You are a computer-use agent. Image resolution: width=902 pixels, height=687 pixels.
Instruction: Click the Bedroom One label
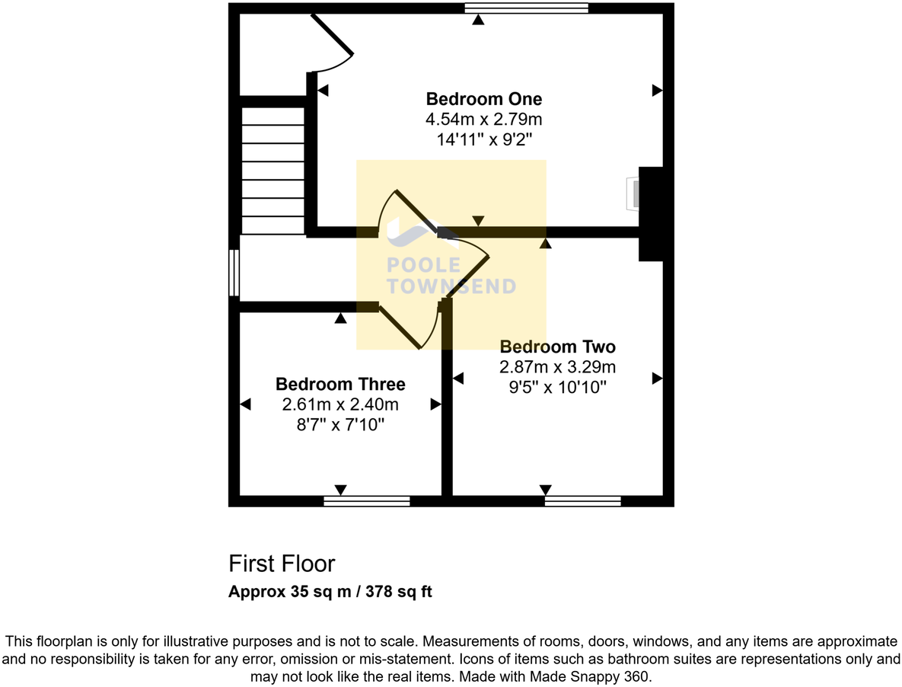pyautogui.click(x=483, y=99)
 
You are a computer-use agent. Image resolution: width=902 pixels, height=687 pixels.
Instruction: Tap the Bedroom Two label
pyautogui.click(x=557, y=347)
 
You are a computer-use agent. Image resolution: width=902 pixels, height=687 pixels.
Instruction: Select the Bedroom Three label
pyautogui.click(x=340, y=384)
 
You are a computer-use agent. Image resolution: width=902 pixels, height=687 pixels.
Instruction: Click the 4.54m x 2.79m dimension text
pyautogui.click(x=483, y=120)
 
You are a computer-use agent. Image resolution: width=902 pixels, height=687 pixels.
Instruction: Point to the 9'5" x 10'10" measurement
pyautogui.click(x=557, y=387)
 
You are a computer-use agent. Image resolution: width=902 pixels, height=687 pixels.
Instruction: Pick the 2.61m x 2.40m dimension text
pyautogui.click(x=340, y=404)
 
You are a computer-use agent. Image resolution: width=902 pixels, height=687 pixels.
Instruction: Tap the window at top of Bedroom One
pyautogui.click(x=527, y=8)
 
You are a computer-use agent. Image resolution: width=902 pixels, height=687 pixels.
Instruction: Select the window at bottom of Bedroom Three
pyautogui.click(x=367, y=501)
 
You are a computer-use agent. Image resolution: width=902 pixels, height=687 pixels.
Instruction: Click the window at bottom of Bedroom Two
pyautogui.click(x=583, y=501)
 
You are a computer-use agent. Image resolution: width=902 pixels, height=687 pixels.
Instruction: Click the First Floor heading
pyautogui.click(x=282, y=564)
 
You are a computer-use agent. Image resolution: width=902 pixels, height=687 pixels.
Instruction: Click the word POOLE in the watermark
pyautogui.click(x=424, y=266)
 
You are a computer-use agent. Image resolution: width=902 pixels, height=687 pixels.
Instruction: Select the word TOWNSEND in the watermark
pyautogui.click(x=451, y=287)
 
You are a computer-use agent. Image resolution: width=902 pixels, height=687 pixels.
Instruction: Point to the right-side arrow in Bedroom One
pyautogui.click(x=657, y=91)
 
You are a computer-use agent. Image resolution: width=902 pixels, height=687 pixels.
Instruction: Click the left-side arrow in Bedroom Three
pyautogui.click(x=246, y=404)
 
